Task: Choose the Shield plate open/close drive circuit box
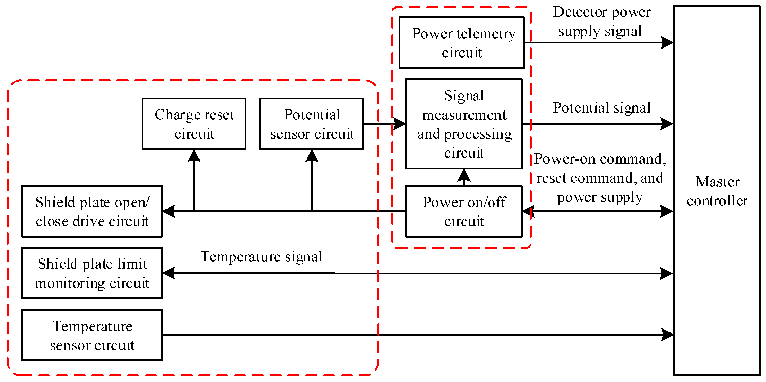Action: pos(92,211)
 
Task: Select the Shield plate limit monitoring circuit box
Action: pos(92,273)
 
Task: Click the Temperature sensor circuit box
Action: pos(92,335)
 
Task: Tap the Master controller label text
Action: pos(717,191)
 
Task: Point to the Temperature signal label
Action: pos(261,257)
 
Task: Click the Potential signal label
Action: pos(601,108)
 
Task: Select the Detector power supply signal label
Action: pos(601,21)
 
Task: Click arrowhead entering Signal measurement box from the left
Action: pos(399,123)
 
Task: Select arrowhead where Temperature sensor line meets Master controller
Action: pos(667,335)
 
